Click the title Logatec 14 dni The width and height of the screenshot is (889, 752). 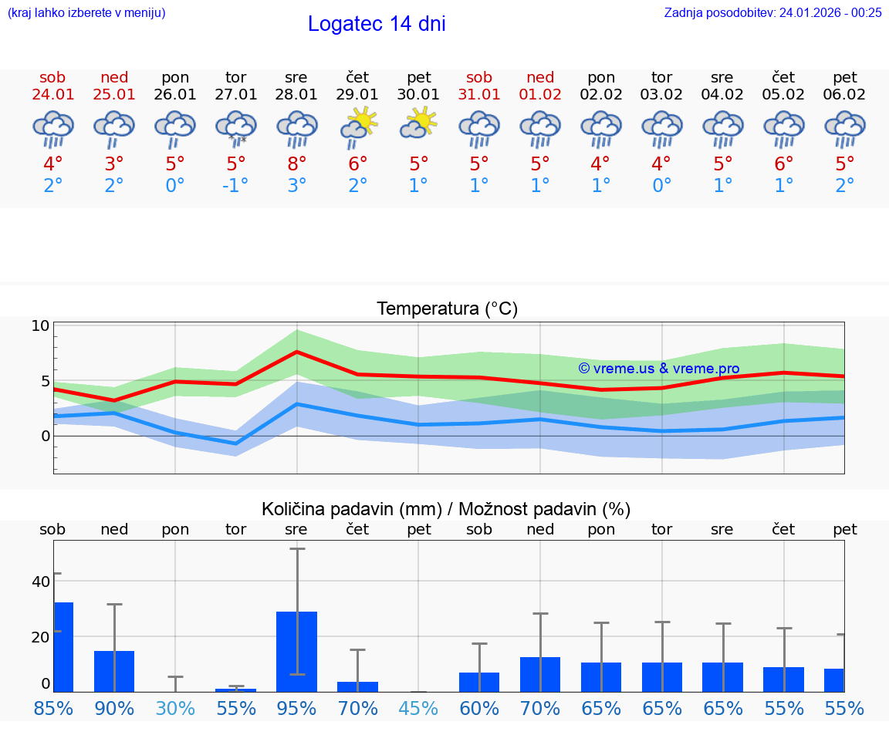click(377, 24)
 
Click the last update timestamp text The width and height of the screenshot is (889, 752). click(772, 12)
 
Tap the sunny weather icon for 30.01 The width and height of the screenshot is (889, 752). click(419, 123)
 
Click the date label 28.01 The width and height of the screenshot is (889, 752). click(296, 94)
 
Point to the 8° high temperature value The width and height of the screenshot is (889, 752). click(296, 164)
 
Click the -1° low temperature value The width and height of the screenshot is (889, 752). click(236, 185)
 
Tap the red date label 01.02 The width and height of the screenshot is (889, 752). click(540, 94)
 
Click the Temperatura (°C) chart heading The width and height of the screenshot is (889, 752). click(447, 309)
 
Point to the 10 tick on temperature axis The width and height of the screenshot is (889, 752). click(40, 325)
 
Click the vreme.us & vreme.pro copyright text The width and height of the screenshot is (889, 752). click(658, 369)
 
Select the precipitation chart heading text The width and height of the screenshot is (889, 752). click(446, 509)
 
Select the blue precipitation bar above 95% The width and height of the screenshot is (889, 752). click(296, 651)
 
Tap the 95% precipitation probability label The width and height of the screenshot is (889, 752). click(296, 708)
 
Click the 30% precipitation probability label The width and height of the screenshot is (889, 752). click(175, 708)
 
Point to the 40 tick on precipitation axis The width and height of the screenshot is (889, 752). click(40, 582)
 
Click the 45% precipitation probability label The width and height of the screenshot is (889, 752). click(418, 708)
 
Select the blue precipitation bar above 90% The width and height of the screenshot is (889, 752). click(114, 671)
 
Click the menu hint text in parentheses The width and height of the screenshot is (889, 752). click(86, 12)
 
